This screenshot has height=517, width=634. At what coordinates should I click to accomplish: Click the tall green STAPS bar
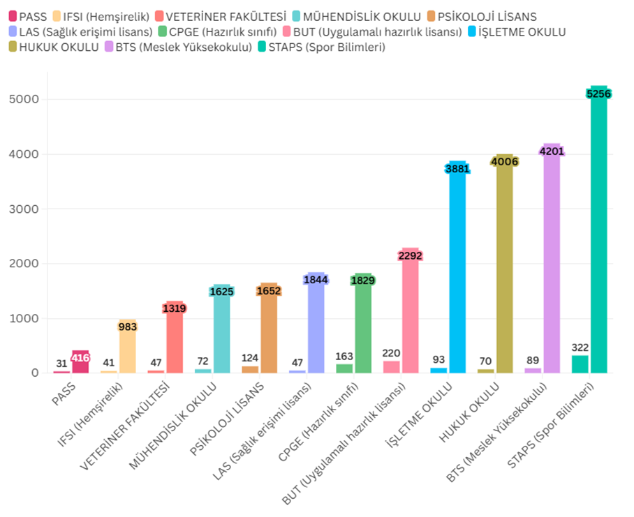[x=598, y=237]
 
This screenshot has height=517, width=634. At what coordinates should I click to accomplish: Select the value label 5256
[x=598, y=93]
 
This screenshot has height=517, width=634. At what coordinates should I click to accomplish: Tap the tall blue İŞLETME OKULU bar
[x=457, y=272]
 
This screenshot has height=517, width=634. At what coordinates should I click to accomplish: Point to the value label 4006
[x=504, y=161]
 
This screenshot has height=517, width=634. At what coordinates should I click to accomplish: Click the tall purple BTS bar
[x=552, y=265]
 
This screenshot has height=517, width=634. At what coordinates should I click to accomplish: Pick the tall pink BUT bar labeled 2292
[x=411, y=314]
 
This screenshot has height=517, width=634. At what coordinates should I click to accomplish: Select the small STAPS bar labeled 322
[x=580, y=364]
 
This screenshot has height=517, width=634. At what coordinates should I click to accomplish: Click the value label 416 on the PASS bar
[x=80, y=358]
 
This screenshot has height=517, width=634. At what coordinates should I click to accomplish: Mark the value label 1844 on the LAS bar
[x=316, y=280]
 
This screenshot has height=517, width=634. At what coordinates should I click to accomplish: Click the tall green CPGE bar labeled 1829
[x=363, y=328]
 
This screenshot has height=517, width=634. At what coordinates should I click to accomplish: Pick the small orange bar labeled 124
[x=250, y=369]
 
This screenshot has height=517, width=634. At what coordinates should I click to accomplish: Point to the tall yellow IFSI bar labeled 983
[x=128, y=349]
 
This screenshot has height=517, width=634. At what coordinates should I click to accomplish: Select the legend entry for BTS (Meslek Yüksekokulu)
[x=178, y=47]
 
